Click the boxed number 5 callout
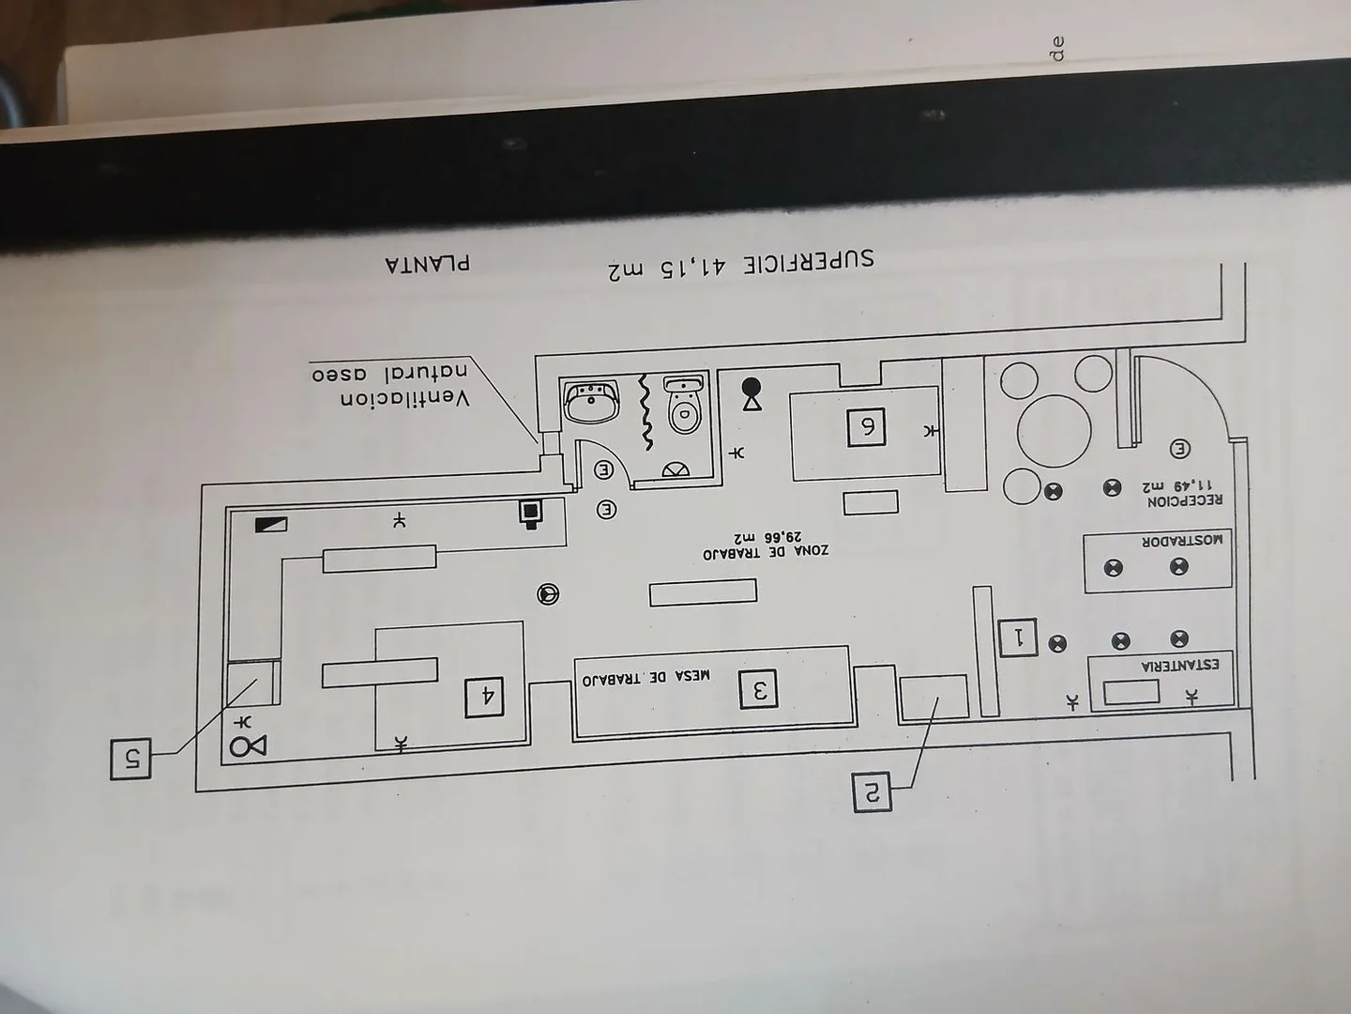pyautogui.click(x=130, y=760)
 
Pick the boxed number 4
pyautogui.click(x=484, y=697)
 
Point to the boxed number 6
pyautogui.click(x=866, y=427)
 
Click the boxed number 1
pyautogui.click(x=1018, y=638)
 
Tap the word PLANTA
pyautogui.click(x=428, y=264)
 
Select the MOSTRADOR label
pyautogui.click(x=1182, y=541)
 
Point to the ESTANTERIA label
pyautogui.click(x=1180, y=666)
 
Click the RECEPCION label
pyautogui.click(x=1184, y=500)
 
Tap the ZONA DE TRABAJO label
pyautogui.click(x=766, y=552)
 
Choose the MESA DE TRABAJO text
pyautogui.click(x=646, y=677)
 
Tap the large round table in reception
pyautogui.click(x=1054, y=431)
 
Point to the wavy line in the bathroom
pyautogui.click(x=645, y=411)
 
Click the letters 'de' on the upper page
pyautogui.click(x=1057, y=49)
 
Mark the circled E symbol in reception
pyautogui.click(x=1179, y=449)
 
